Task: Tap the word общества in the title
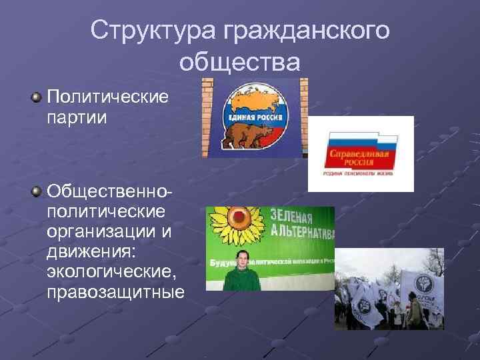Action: [x=240, y=62]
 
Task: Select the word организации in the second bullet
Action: [x=101, y=233]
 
